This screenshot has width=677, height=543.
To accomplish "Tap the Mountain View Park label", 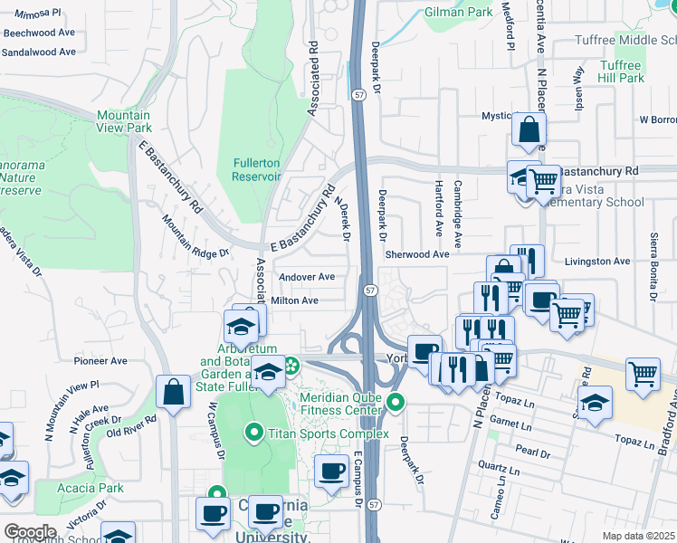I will (x=124, y=121).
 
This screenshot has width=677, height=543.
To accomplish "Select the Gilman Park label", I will (x=459, y=12).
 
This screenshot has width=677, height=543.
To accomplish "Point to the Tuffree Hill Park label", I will (x=620, y=72).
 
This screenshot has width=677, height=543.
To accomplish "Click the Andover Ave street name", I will (x=308, y=277).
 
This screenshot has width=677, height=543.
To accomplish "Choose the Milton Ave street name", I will (x=295, y=300).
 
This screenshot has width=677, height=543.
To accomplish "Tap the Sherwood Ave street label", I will (x=417, y=255).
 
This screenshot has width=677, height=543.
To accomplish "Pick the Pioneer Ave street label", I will (x=100, y=360).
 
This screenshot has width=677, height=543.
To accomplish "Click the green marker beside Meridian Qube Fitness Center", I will (x=394, y=402).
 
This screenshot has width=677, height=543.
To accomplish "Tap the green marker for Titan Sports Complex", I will (x=256, y=433).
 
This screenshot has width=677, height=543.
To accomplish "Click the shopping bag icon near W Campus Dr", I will (x=173, y=390).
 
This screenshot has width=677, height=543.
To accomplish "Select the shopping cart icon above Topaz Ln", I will (x=643, y=371).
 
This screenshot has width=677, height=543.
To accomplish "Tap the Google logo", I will (x=30, y=532).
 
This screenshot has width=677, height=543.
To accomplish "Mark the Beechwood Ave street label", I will (x=39, y=33).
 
